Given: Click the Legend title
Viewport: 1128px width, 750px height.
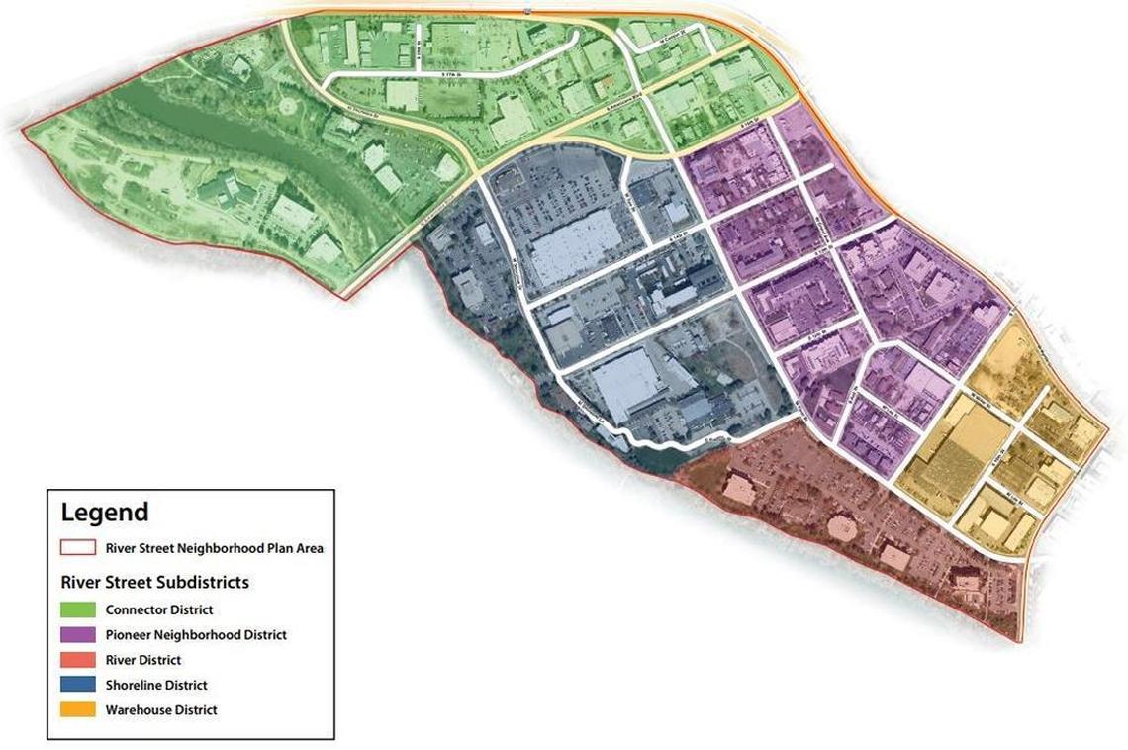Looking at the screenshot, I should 105,513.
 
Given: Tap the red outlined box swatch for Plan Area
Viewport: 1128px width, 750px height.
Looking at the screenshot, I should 78,548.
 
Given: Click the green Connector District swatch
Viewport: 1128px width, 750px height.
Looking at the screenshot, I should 78,610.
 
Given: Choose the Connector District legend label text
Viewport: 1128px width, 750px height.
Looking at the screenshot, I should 159,610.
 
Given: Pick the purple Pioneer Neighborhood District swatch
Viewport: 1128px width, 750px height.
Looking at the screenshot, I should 78,635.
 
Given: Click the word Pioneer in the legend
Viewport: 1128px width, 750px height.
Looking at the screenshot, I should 128,635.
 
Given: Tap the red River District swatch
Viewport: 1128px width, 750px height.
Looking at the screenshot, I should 78,660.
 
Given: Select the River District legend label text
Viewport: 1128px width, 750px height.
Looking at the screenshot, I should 143,660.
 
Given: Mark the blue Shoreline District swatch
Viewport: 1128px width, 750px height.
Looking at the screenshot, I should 78,685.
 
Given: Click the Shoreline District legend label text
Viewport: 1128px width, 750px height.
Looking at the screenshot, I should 156,685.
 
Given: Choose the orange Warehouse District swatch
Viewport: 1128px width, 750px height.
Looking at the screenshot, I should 78,710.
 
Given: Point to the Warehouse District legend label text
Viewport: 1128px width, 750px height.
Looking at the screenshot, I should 161,710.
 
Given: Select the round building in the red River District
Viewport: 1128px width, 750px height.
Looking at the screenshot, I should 842,527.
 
